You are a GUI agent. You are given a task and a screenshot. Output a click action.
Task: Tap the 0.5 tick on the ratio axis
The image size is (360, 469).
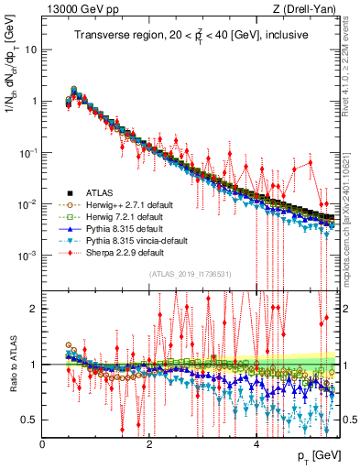click(x=29, y=420)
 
